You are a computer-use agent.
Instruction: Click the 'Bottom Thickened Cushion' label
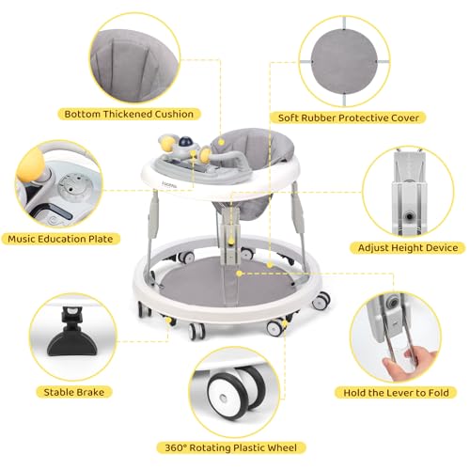(x=129, y=115)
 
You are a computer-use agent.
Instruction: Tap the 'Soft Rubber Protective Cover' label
(x=346, y=118)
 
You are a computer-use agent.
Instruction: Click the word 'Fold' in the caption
(x=440, y=391)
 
